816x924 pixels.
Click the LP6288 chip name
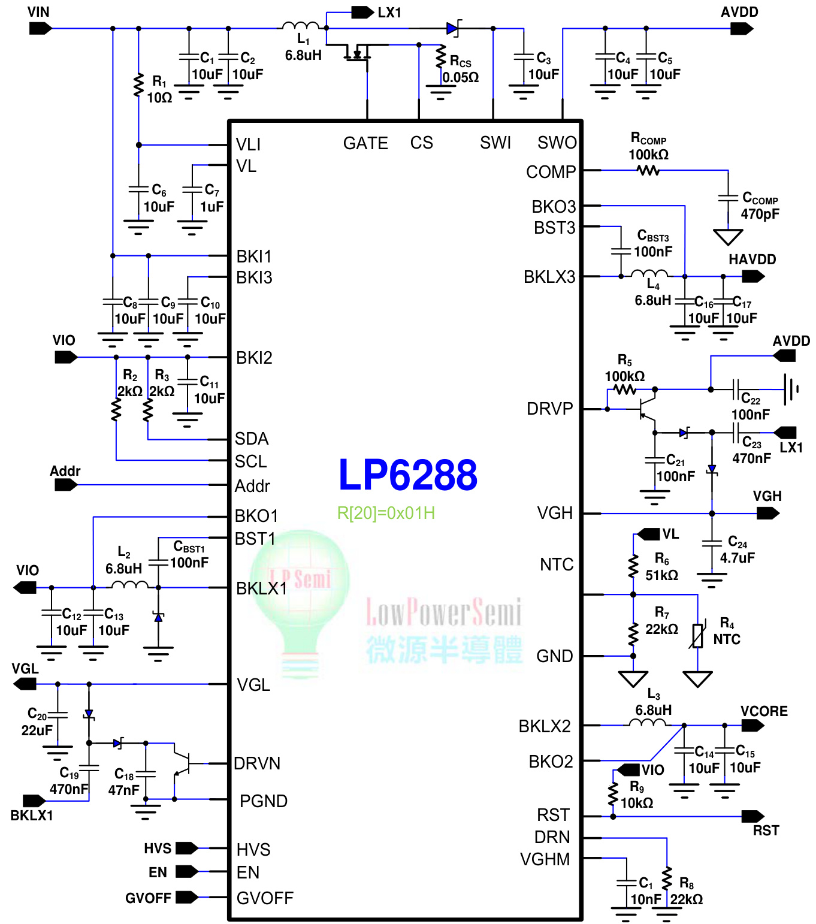(407, 475)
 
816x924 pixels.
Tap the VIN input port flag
(40, 28)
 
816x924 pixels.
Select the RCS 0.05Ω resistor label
(460, 69)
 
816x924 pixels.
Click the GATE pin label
(365, 143)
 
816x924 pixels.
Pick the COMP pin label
(551, 172)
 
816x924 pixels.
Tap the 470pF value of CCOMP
(760, 214)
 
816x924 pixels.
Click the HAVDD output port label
(752, 259)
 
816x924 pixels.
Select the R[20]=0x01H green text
(386, 513)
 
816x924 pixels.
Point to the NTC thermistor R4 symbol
(697, 636)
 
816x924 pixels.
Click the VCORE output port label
(764, 711)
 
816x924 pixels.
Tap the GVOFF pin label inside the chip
(265, 898)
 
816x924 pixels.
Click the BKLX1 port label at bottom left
(32, 816)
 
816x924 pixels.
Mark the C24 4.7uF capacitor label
(737, 549)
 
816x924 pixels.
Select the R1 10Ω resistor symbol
(138, 85)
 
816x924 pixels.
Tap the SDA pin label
(252, 439)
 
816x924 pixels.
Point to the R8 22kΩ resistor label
(687, 892)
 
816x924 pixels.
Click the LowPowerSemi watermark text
(443, 612)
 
